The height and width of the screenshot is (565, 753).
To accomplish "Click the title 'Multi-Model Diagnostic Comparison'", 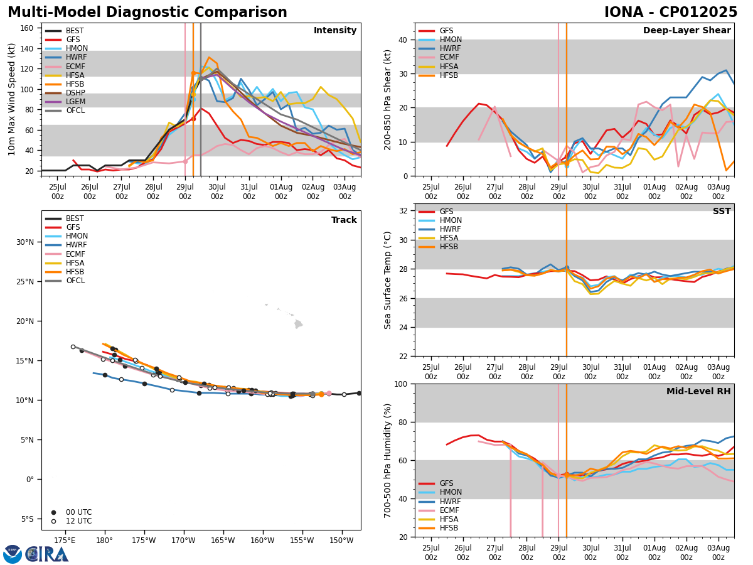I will (147, 13).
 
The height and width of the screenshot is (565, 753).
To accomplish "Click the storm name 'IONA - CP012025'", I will (670, 13).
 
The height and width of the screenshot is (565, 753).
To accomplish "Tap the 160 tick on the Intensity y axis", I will (29, 28).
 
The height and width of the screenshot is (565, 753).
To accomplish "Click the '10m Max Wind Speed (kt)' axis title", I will (12, 99).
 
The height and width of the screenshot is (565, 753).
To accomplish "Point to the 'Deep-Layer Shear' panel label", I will (686, 31).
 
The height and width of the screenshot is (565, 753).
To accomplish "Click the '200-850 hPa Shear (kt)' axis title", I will (388, 99).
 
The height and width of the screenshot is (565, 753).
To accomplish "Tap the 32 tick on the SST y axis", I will (404, 211).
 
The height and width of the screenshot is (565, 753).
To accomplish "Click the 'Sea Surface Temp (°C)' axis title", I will (388, 280).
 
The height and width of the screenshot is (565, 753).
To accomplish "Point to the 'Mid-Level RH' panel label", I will (698, 392).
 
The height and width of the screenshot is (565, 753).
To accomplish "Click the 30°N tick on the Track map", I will (25, 242).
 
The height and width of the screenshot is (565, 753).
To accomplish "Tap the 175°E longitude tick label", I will (65, 540).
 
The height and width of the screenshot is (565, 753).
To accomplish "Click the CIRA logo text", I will (47, 554).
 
